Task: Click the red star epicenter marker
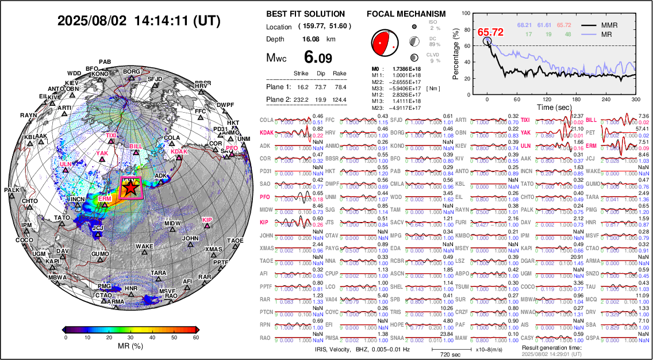point(130,187)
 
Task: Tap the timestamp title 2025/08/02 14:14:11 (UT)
point(139,21)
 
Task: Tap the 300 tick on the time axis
point(636,99)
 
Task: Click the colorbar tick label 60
point(196,338)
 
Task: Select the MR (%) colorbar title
point(130,347)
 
